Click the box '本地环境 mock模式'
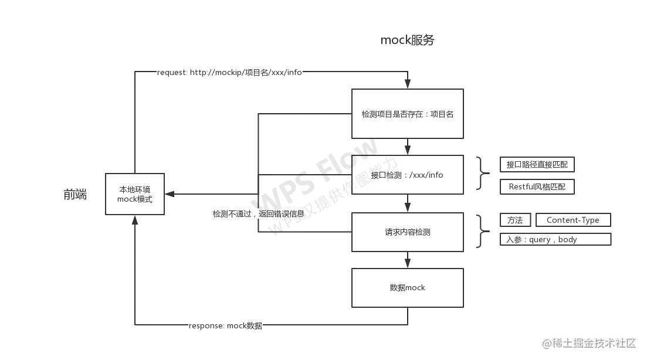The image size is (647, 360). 134,194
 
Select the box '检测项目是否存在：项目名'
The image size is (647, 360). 408,114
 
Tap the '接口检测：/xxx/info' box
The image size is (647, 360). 408,175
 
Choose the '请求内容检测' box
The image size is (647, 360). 408,232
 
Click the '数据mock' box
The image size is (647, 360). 408,288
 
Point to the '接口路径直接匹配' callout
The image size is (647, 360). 537,165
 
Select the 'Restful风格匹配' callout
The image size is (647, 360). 537,188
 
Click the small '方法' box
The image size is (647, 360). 514,220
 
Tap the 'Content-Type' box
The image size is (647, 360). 573,220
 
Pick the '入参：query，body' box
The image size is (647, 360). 554,239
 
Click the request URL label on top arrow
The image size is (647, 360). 230,73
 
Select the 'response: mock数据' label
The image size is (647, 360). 225,326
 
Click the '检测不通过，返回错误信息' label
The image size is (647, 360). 259,214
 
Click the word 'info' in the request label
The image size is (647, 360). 294,73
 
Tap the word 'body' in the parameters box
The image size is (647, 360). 567,239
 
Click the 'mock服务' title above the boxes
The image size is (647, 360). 408,41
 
